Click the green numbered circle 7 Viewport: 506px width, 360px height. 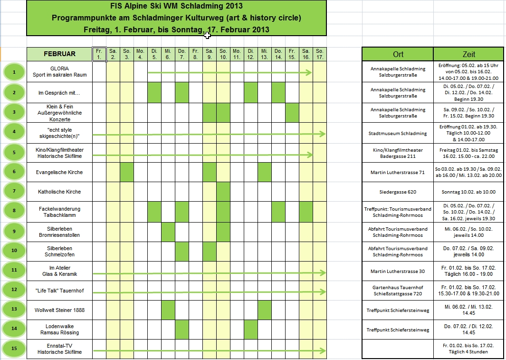click(x=14, y=192)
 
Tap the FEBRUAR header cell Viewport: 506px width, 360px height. click(x=59, y=54)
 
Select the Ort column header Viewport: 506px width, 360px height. click(x=398, y=54)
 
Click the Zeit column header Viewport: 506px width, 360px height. click(x=468, y=54)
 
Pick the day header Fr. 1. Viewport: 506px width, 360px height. click(x=99, y=54)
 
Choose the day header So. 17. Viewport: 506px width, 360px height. click(x=320, y=54)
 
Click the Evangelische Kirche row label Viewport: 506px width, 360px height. click(x=59, y=172)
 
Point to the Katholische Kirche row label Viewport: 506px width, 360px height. click(x=59, y=192)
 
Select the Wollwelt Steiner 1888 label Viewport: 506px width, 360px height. click(x=59, y=310)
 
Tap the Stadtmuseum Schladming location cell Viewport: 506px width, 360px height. click(x=398, y=134)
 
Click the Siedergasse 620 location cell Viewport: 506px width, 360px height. click(x=398, y=192)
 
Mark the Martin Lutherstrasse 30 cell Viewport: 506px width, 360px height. click(x=398, y=271)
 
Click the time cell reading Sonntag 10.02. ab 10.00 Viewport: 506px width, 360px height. click(x=468, y=192)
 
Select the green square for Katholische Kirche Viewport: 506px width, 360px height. click(x=223, y=192)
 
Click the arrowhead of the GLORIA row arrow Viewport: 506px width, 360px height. click(x=309, y=72)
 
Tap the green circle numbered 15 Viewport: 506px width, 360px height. click(x=14, y=349)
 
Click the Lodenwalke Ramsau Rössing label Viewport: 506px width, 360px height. click(x=59, y=330)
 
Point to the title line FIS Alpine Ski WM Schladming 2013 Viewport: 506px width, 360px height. click(x=176, y=6)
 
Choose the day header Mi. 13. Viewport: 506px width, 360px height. click(x=265, y=54)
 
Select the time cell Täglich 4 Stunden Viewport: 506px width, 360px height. click(x=468, y=352)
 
